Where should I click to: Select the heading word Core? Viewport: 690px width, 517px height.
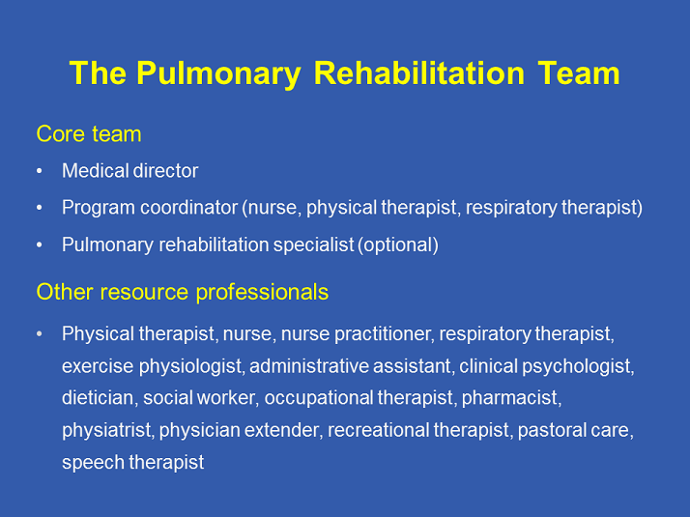pyautogui.click(x=58, y=133)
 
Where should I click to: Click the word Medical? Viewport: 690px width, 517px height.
pyautogui.click(x=94, y=171)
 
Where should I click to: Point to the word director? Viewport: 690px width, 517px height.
pyautogui.click(x=164, y=171)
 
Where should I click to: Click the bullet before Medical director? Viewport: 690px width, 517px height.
pyautogui.click(x=40, y=171)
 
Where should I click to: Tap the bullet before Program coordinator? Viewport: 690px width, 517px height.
pyautogui.click(x=40, y=208)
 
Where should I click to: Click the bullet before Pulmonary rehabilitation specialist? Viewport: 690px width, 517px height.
pyautogui.click(x=40, y=245)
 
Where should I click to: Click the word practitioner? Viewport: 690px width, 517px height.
pyautogui.click(x=385, y=334)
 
